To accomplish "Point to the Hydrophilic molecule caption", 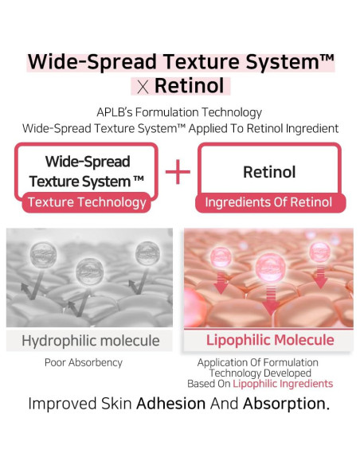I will click(90, 341).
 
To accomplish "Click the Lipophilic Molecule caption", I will click(270, 341).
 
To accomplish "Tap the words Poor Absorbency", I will click(84, 362).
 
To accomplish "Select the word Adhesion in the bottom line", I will click(171, 403).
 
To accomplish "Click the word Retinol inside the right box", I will click(268, 172).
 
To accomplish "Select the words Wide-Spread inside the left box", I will click(88, 162).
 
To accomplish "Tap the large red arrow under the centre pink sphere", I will click(271, 302).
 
